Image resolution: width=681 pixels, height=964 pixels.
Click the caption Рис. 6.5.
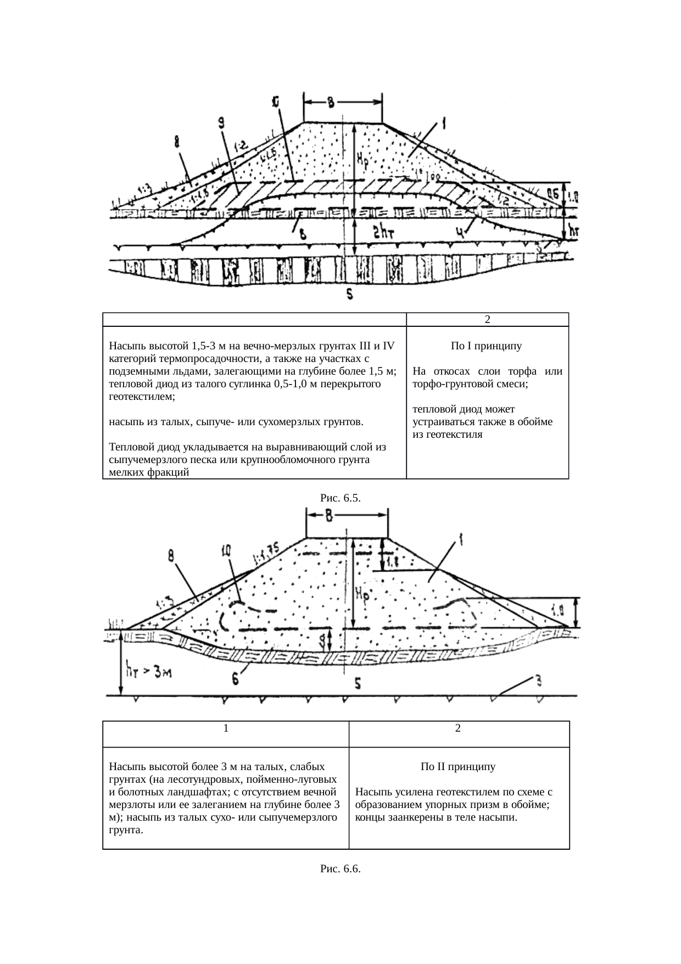pos(340,498)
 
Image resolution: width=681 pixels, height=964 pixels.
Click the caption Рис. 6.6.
pos(340,868)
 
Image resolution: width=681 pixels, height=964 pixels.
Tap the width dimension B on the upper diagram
pos(330,103)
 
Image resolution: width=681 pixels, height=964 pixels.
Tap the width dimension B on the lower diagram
pos(328,515)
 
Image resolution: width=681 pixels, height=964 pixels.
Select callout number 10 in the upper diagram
pos(275,103)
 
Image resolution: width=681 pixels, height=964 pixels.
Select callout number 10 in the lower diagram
pos(227,550)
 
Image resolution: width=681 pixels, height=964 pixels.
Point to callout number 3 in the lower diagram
pos(539,681)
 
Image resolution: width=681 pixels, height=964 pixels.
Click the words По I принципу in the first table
pos(487,346)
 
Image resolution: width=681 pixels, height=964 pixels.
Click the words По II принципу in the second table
pos(458,766)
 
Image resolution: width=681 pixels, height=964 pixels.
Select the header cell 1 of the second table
pos(226,728)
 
